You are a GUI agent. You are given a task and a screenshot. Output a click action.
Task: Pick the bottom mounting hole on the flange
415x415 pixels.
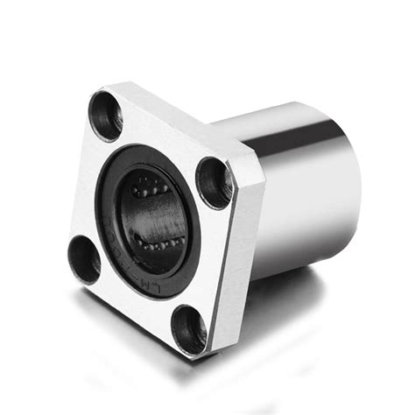point(188,327)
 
